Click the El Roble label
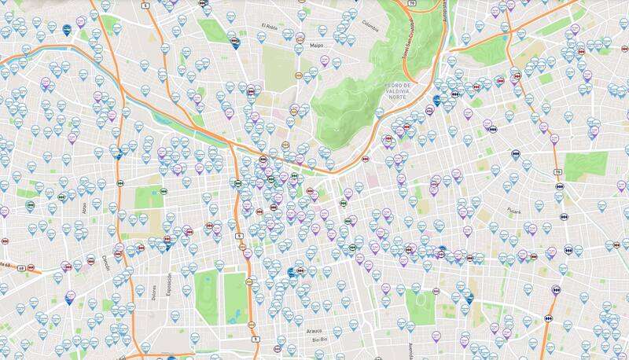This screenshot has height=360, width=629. (x=270, y=26)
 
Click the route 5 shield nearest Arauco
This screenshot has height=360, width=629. (x=256, y=339)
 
